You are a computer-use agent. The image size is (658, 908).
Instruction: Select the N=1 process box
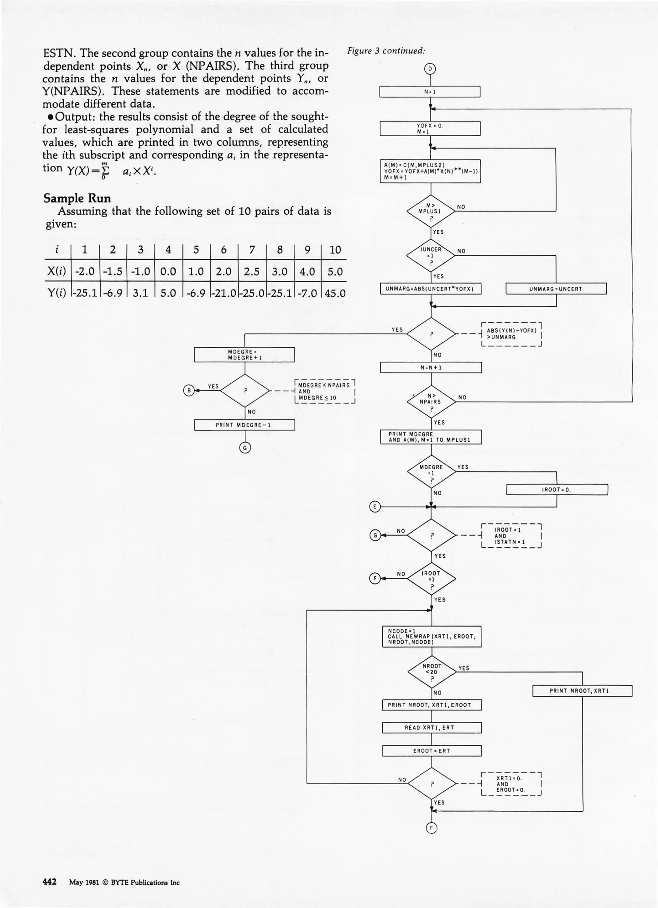[429, 92]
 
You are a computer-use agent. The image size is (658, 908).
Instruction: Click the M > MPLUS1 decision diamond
[431, 211]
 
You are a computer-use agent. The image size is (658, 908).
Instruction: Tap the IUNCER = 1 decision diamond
[431, 255]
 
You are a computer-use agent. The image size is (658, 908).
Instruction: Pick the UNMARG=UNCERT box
[555, 289]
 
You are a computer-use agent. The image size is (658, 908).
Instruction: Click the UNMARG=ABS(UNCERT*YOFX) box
[430, 289]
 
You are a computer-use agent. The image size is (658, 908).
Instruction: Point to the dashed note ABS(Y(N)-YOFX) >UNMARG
[511, 334]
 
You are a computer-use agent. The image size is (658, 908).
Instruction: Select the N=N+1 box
[431, 367]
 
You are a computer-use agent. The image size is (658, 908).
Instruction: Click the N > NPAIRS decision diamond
[431, 401]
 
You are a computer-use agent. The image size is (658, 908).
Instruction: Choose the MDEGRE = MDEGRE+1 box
[244, 354]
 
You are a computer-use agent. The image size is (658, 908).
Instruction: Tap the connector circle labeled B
[189, 391]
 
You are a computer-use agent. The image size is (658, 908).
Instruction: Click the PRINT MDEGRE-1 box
[244, 425]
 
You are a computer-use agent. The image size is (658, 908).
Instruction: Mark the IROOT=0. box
[557, 490]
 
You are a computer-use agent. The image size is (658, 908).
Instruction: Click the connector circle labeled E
[375, 507]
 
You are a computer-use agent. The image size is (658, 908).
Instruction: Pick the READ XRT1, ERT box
[432, 728]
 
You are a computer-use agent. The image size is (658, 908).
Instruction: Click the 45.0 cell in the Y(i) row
[335, 293]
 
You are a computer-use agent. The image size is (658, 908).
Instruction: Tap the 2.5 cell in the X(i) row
[251, 272]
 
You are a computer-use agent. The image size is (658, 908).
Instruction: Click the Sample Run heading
[77, 198]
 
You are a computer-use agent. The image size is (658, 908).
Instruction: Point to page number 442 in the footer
[50, 882]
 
